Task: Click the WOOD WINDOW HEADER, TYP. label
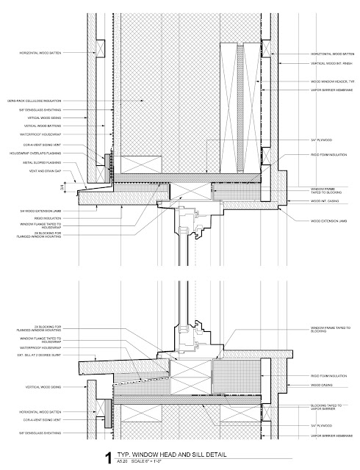pyautogui.click(x=323, y=82)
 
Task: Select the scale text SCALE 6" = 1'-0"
pyautogui.click(x=143, y=463)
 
